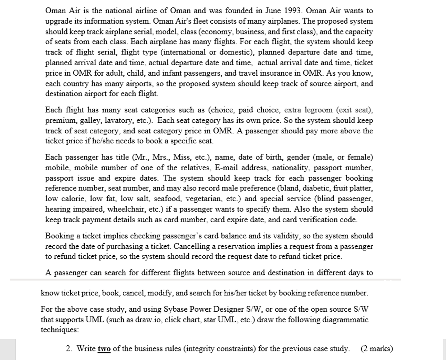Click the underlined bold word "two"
[x=104, y=349]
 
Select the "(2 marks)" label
[x=377, y=349]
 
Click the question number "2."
[x=69, y=349]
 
